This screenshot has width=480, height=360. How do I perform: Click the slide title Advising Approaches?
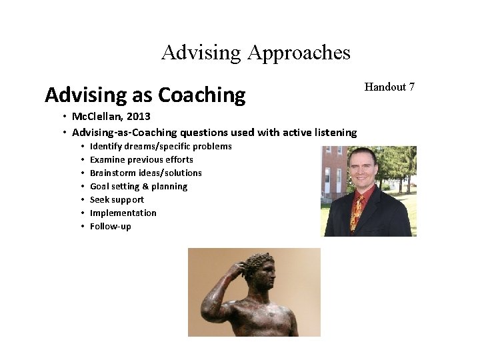255,52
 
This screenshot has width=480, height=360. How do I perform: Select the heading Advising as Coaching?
145,95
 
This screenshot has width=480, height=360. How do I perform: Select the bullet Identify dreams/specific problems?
161,146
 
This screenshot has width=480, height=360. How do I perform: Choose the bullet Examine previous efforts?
141,159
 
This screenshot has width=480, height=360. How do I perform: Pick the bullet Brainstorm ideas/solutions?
145,173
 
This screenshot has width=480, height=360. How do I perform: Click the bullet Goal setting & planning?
139,186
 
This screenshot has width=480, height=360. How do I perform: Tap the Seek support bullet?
117,199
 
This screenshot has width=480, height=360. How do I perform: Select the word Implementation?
123,213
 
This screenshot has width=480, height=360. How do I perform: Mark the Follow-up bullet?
111,226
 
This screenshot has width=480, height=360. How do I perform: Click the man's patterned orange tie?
358,212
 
